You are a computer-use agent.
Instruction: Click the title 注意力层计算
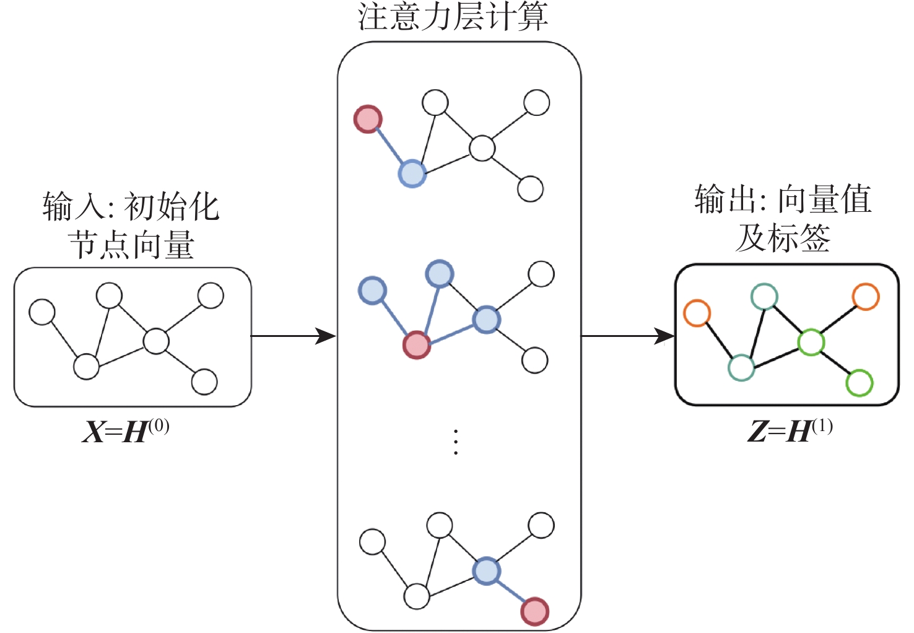pyautogui.click(x=453, y=17)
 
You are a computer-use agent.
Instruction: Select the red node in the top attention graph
pyautogui.click(x=368, y=119)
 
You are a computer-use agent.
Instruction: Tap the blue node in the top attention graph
pyautogui.click(x=412, y=173)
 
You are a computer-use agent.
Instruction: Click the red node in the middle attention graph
pyautogui.click(x=417, y=345)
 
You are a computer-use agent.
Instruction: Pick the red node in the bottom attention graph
pyautogui.click(x=534, y=611)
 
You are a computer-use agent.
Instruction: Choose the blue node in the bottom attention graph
pyautogui.click(x=486, y=571)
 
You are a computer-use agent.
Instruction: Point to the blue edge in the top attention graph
pyautogui.click(x=390, y=146)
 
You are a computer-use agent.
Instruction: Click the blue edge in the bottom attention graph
pyautogui.click(x=510, y=592)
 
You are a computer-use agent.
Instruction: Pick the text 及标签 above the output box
pyautogui.click(x=783, y=238)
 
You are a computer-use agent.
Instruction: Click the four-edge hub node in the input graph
pyautogui.click(x=156, y=341)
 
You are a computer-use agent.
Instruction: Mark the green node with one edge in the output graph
pyautogui.click(x=859, y=383)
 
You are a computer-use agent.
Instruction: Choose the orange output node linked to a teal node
pyautogui.click(x=697, y=313)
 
